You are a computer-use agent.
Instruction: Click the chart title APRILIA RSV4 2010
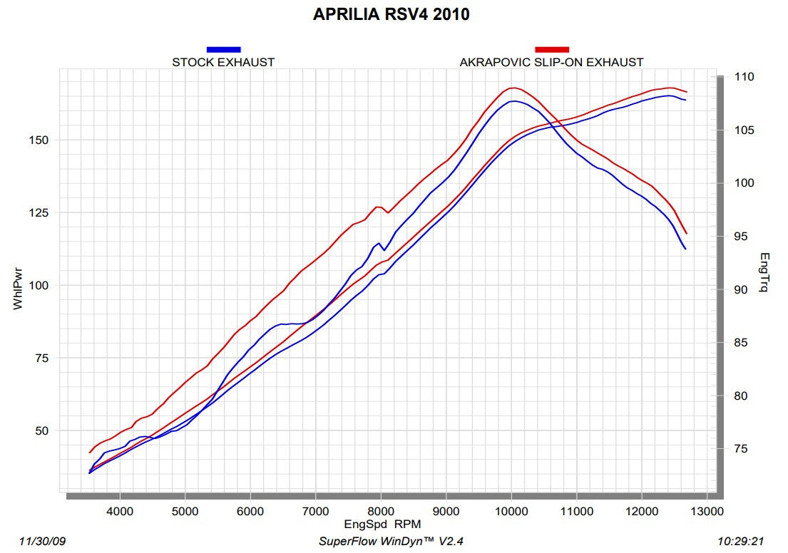point(391,14)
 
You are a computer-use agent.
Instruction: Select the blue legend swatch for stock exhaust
point(223,49)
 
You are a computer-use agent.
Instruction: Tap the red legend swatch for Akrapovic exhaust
point(551,49)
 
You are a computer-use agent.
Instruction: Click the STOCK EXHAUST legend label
point(223,62)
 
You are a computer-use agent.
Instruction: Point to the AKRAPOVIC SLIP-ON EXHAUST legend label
point(551,62)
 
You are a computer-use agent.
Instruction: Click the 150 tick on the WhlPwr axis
point(39,140)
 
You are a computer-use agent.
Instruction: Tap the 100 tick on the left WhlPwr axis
point(39,285)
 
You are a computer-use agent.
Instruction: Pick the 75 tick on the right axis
point(738,448)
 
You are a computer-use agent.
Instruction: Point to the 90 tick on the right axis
point(738,289)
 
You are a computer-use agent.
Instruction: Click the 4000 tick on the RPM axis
point(120,510)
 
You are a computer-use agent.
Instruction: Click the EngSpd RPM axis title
point(383,524)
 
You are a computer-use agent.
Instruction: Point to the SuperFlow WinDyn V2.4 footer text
point(391,541)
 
